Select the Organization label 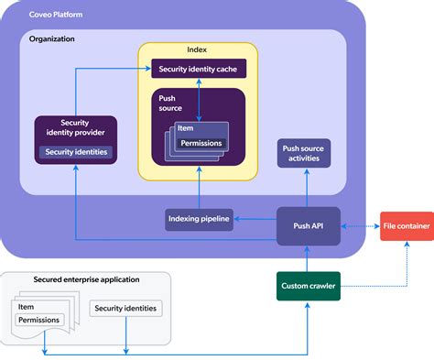[x=52, y=39]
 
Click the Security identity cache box [x=198, y=69]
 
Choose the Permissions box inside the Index [x=201, y=143]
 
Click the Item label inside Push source [x=186, y=129]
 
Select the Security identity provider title [x=75, y=128]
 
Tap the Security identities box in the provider [x=76, y=151]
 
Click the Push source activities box [x=304, y=153]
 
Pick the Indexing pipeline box [x=199, y=218]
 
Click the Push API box [x=308, y=224]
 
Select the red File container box [x=406, y=224]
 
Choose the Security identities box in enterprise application [x=125, y=309]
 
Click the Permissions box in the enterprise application [x=38, y=320]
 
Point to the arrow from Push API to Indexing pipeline [x=255, y=218]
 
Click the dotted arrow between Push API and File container [x=360, y=224]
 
